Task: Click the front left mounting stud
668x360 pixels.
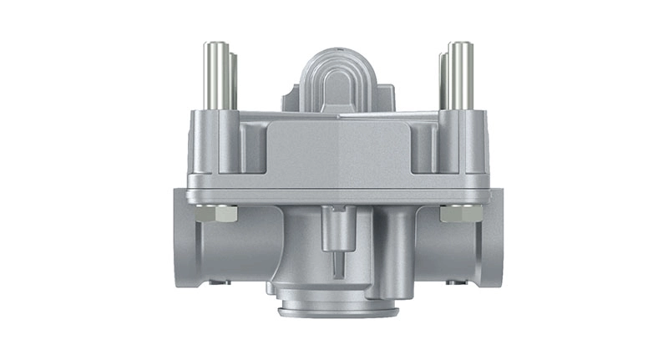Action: [x=215, y=75]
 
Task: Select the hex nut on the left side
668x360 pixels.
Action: [x=226, y=215]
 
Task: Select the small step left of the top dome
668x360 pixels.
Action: [x=291, y=100]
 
